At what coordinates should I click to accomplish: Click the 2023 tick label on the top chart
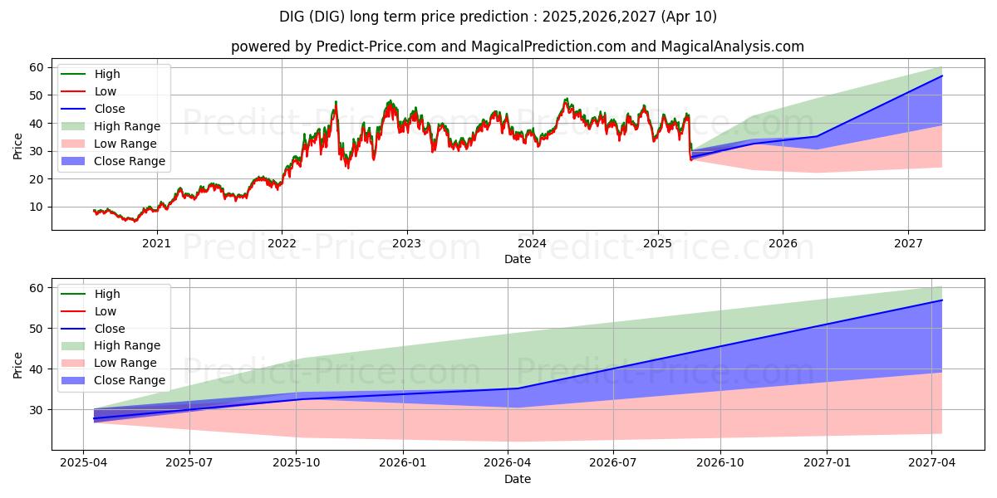[407, 243]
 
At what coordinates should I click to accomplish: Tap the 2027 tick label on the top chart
[908, 243]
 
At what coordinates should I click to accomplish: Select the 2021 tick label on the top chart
[156, 243]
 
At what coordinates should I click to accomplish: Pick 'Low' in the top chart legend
[106, 91]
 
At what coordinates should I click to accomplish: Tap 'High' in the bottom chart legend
[107, 294]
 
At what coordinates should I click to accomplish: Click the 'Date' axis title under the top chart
[517, 260]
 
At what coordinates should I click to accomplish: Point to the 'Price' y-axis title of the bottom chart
[18, 364]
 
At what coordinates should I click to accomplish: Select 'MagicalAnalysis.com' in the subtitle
[732, 46]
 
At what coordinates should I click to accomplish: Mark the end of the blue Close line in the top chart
[942, 76]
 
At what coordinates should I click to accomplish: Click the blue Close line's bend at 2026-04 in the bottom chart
[517, 388]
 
